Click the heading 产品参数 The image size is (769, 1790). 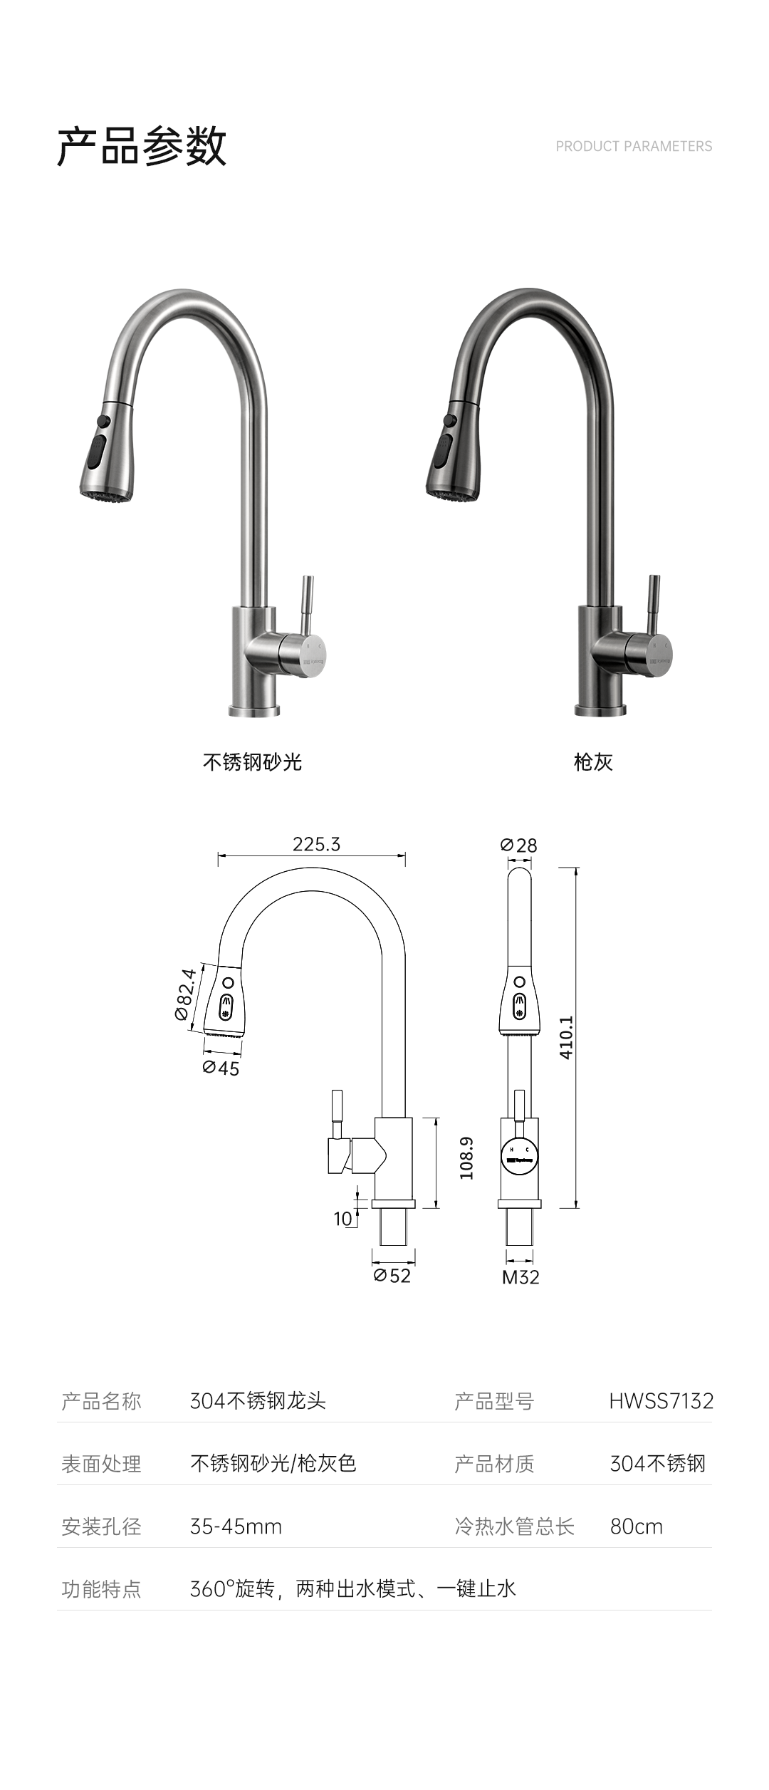pos(142,147)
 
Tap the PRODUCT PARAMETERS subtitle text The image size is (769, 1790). pos(633,147)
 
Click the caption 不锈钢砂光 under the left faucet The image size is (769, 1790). pos(252,762)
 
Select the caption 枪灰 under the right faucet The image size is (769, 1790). pos(593,762)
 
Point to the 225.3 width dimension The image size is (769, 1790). pos(316,844)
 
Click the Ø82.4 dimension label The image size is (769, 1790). pos(185,994)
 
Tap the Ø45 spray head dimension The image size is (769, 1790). pos(221,1068)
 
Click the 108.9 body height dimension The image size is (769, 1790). pos(466,1157)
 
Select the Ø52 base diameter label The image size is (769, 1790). pos(392,1276)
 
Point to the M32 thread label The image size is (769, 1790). pos(520,1277)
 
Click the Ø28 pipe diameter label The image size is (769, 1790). pos(518,845)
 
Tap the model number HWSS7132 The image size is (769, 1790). pos(661,1401)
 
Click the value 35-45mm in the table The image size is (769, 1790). pos(236,1526)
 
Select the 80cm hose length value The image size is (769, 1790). pos(636,1526)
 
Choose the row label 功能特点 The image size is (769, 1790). pos(101,1589)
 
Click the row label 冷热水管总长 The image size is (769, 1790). pos(514,1526)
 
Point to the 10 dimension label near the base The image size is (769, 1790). pos(343,1219)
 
